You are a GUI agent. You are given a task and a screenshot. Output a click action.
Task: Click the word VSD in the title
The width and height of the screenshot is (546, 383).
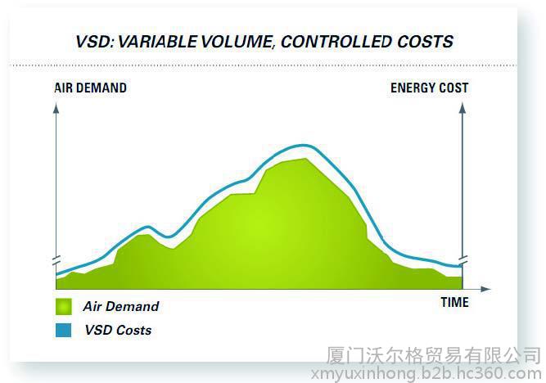[94, 42]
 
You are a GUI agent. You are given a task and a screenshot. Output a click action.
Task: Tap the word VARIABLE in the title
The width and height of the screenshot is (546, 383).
[158, 42]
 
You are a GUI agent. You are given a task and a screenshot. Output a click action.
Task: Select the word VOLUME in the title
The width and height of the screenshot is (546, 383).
[237, 42]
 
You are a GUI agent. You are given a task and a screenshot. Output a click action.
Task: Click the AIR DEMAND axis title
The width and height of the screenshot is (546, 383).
[91, 88]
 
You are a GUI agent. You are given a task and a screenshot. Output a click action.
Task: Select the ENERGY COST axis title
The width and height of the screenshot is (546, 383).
[429, 88]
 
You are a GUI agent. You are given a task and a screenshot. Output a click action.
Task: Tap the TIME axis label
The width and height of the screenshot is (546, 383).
[454, 302]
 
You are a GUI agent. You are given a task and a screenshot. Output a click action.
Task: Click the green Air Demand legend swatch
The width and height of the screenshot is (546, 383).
[64, 307]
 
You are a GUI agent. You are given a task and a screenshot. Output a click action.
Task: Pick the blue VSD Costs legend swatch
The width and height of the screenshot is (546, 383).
[63, 330]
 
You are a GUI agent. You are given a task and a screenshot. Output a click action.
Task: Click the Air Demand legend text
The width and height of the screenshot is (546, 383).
[121, 306]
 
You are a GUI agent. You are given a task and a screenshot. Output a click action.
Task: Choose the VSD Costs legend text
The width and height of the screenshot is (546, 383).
[118, 330]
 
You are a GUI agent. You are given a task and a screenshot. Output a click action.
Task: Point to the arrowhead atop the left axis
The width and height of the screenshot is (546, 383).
[56, 109]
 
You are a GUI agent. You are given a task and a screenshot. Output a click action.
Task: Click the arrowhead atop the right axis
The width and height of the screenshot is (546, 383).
[463, 109]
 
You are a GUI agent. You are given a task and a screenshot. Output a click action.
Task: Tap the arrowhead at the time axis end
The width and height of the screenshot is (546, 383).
[486, 289]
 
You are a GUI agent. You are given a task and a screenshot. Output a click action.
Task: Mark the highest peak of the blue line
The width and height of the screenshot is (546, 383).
[303, 145]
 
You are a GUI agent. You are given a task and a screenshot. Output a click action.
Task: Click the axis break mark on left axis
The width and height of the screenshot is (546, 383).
[56, 260]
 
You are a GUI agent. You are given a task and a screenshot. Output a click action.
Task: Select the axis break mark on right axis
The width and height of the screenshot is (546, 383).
[463, 260]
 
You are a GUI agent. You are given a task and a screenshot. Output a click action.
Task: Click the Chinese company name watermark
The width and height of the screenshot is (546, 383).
[433, 355]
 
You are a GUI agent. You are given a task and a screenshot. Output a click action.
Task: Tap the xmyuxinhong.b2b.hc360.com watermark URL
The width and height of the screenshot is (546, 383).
[426, 374]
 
